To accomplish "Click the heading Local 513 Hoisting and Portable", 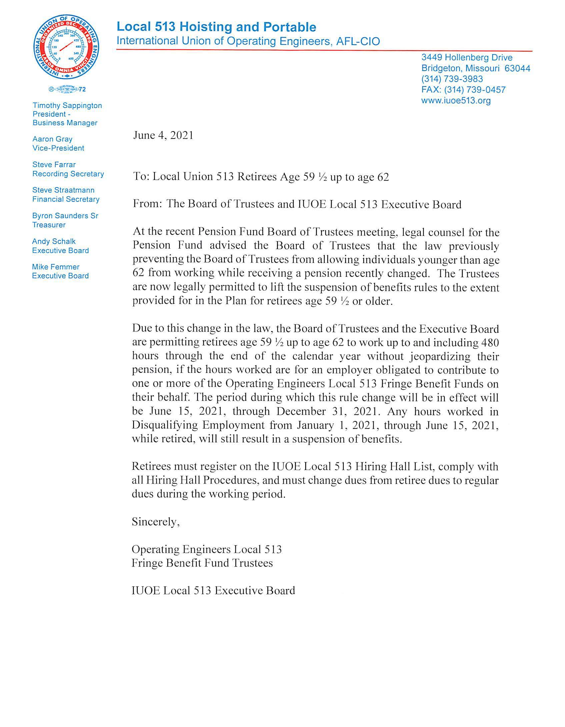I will (216, 27).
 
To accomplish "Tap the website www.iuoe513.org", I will (456, 100).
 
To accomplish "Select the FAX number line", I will (463, 90).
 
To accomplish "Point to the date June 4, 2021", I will (163, 135).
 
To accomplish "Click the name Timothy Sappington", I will (67, 106).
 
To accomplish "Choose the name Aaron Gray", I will (52, 139).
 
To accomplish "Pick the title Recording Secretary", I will (68, 174).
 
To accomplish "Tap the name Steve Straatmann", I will (63, 190).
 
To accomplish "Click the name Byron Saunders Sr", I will (65, 216).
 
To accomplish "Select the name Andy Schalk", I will (54, 241).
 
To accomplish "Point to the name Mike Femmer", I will (56, 267).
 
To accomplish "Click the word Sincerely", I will (155, 522).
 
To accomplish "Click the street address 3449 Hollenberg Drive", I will (467, 58).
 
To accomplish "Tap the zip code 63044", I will (517, 68).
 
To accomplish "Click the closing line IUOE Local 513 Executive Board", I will (213, 590).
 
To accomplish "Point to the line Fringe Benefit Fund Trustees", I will (202, 563).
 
